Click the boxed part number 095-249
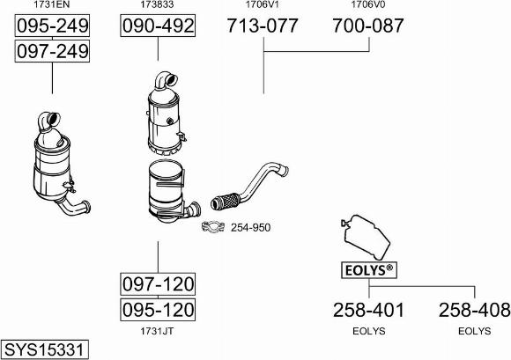pos(52,26)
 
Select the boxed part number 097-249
pos(52,51)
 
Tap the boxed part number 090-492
pos(158,26)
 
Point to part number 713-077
pos(263,26)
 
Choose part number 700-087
pos(368,26)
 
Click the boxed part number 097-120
pos(158,283)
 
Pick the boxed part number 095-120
pos(158,310)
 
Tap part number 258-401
pos(368,310)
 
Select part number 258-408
pos(474,310)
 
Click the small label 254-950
pos(250,227)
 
